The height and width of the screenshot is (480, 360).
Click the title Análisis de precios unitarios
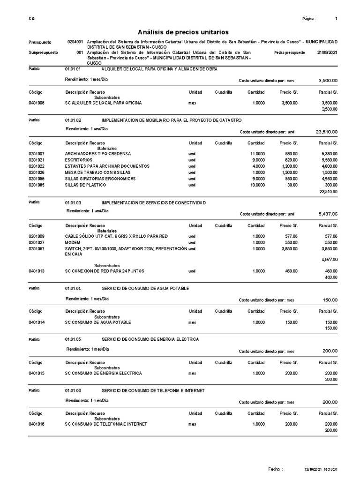183,32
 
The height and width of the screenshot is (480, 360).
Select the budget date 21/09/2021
327,53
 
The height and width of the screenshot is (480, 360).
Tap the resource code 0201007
37,154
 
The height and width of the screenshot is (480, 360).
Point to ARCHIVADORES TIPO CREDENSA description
98,154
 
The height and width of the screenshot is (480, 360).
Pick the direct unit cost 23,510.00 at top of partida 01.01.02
327,132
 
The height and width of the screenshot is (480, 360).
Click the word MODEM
73,242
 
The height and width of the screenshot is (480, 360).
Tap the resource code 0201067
37,248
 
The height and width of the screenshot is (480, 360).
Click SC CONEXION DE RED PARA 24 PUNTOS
105,271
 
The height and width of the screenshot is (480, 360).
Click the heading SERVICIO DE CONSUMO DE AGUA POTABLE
145,288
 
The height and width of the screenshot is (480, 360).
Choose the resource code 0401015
37,373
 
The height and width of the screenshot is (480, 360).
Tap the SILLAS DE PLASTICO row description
85,185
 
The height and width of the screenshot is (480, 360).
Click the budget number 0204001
75,42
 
